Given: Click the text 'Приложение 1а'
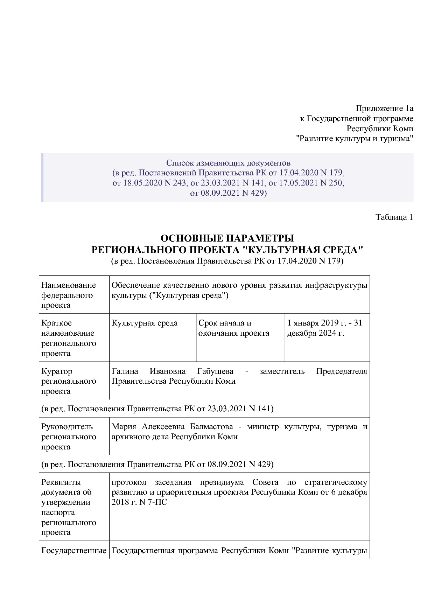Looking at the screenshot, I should (x=384, y=108).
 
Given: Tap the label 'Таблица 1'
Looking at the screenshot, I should (x=394, y=217).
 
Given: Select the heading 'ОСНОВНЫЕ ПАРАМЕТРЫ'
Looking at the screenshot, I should (x=227, y=238).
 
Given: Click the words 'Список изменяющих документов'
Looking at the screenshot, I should (x=228, y=163).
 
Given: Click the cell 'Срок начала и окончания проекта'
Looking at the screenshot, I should (x=233, y=328).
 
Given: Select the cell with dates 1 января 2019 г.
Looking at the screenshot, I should (x=324, y=328).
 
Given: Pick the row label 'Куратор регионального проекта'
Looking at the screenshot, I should (x=69, y=381).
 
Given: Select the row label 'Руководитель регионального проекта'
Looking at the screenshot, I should (x=69, y=437).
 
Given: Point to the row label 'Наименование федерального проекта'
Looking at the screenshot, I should (x=69, y=295).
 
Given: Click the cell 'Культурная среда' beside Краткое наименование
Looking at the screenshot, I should (x=145, y=323).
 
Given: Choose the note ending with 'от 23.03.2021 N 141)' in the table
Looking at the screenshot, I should (x=157, y=409).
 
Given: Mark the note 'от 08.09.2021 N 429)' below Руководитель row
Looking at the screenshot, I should (x=157, y=464).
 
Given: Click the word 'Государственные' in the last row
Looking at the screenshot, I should (x=74, y=551).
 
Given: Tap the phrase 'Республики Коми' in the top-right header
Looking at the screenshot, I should (x=379, y=128).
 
